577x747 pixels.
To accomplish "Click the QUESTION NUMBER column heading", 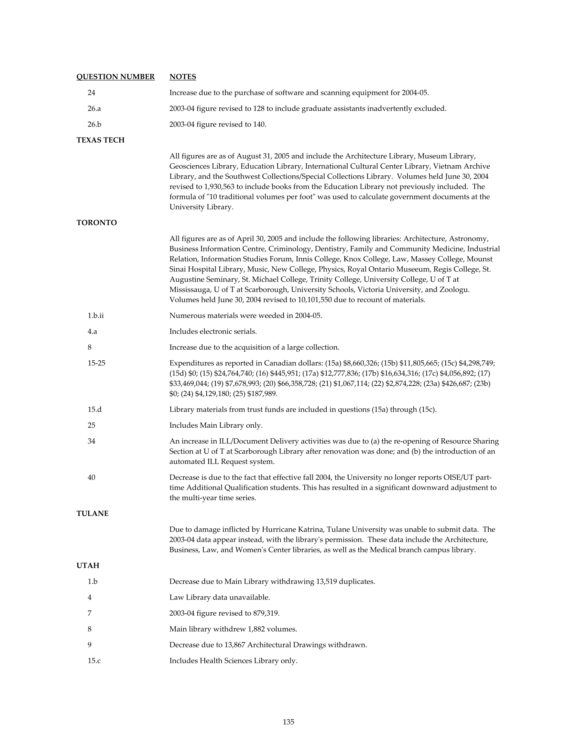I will (x=115, y=77).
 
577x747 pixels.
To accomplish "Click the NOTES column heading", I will (x=183, y=77).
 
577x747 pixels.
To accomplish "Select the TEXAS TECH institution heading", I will (x=100, y=140).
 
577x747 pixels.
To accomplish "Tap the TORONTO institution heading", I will (x=96, y=223).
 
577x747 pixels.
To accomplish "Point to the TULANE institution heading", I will (x=93, y=513).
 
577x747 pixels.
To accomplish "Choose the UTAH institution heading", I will (x=88, y=566).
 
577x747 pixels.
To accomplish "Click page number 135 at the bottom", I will (x=288, y=722).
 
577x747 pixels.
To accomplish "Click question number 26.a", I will (x=94, y=108).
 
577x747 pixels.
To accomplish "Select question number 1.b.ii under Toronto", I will (x=95, y=315).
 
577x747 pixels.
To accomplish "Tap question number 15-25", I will (x=96, y=363).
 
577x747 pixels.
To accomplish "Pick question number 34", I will (x=91, y=441).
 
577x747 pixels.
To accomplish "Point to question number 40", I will (x=91, y=477).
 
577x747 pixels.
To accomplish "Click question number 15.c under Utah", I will (x=94, y=661).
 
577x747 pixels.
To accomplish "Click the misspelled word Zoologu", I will (x=454, y=289).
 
